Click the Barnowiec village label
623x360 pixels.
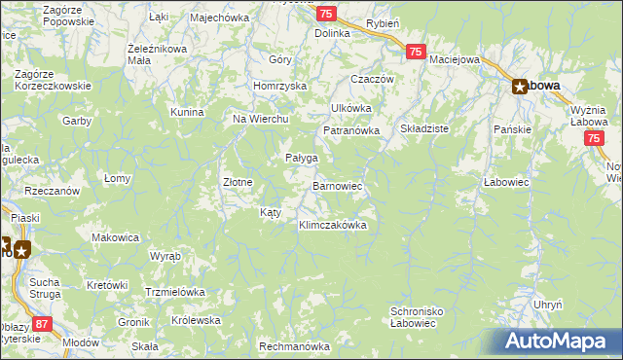tap(338, 184)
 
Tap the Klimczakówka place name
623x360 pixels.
tap(332, 225)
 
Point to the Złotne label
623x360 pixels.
tap(238, 182)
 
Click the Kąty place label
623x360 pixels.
tap(270, 212)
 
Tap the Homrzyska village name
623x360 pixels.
tap(279, 85)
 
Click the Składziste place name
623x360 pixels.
tap(423, 128)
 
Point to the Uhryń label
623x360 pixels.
tap(548, 305)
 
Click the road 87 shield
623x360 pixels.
tap(42, 323)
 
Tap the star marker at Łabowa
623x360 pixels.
tap(521, 86)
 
